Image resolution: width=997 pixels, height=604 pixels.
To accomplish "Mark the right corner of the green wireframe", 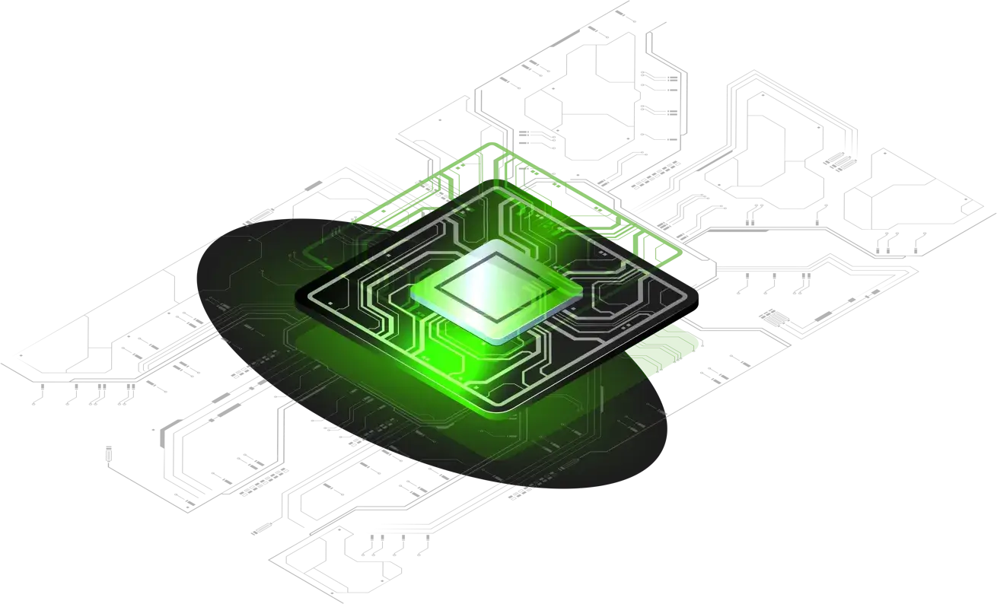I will coord(680,250).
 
